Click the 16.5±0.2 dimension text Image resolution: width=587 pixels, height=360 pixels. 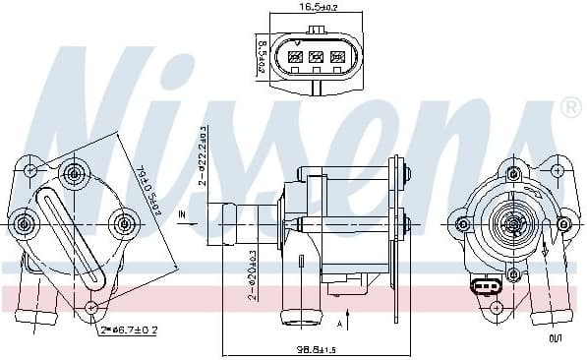[x=312, y=7]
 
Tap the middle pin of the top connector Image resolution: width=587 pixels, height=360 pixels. [x=315, y=57]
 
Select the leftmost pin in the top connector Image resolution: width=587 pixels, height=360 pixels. [x=294, y=57]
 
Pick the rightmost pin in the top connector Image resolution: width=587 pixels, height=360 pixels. [x=335, y=57]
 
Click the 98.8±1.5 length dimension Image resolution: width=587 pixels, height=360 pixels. [x=316, y=350]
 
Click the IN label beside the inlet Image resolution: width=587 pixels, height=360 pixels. [x=183, y=212]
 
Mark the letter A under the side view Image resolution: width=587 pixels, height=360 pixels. [x=338, y=323]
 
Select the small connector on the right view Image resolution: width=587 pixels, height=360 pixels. [x=483, y=288]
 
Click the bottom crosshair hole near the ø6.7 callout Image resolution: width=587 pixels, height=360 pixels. [x=91, y=308]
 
